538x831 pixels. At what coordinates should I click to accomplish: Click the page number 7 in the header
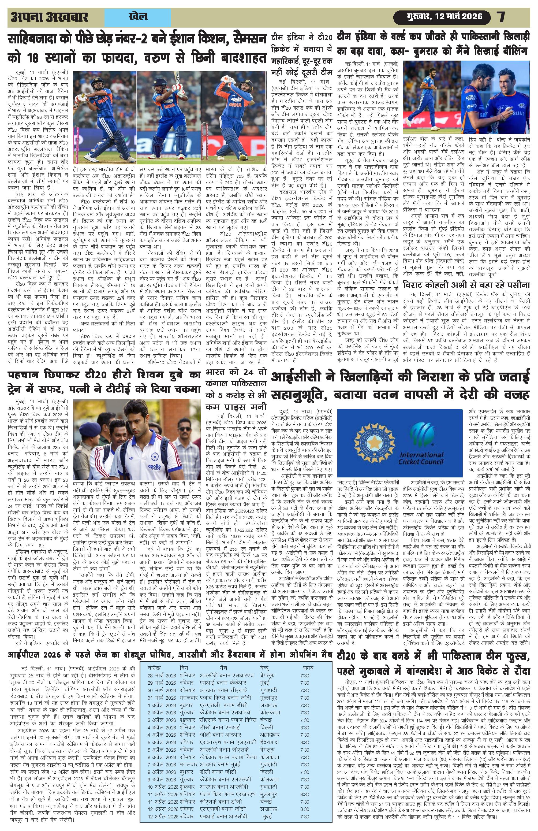click(501, 16)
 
